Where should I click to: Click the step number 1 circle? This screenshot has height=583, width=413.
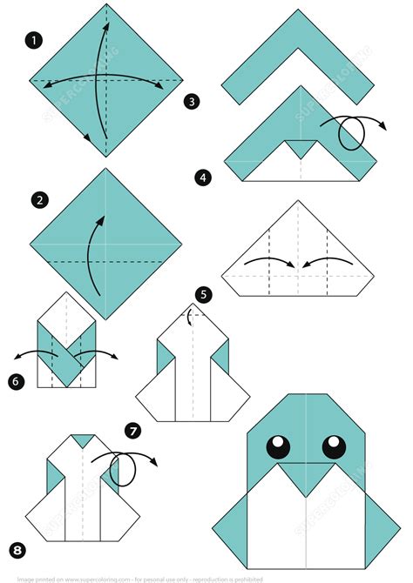(x=34, y=40)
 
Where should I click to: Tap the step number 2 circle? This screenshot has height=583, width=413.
(x=39, y=200)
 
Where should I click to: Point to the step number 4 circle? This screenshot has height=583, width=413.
(x=203, y=178)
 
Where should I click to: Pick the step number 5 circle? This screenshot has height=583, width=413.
(x=203, y=295)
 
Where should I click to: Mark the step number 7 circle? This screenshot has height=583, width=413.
(x=132, y=430)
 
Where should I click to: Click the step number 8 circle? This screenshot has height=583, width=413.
(x=18, y=548)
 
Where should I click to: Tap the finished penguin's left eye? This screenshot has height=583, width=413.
(x=278, y=446)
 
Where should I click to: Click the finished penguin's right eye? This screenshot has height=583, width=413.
(x=335, y=446)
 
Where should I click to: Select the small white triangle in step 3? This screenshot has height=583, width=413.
(x=301, y=149)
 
